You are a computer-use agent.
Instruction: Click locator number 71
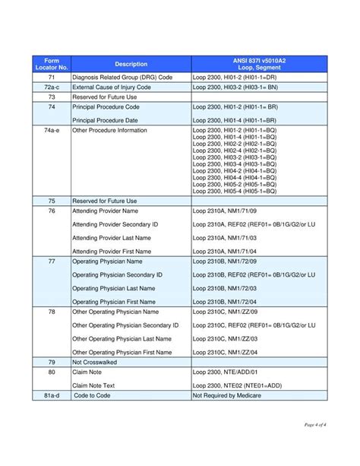52,78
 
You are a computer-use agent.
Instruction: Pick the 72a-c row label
52,87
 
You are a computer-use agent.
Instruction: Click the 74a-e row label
52,131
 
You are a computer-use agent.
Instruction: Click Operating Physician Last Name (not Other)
116,288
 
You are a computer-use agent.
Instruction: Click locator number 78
52,312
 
